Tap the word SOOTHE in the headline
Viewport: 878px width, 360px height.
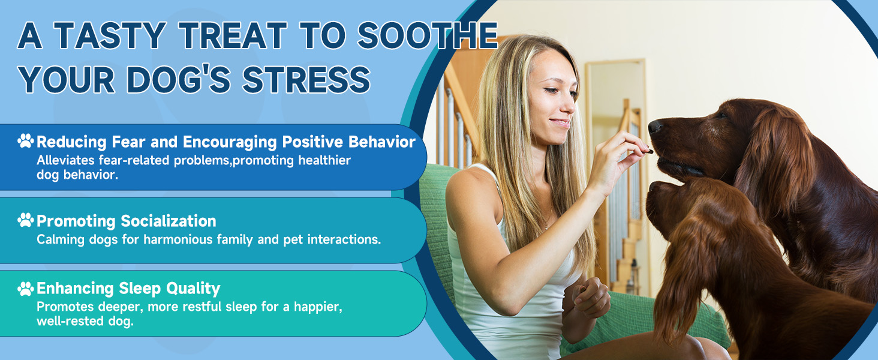(x=428, y=35)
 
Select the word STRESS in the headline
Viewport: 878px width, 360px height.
(x=306, y=80)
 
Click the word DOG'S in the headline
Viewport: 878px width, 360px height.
(x=179, y=80)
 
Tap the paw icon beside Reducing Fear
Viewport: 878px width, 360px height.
(x=26, y=141)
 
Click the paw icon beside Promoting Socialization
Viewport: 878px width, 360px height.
(x=26, y=220)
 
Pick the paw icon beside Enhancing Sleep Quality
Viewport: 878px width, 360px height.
(x=26, y=289)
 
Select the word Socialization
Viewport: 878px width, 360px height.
(x=169, y=221)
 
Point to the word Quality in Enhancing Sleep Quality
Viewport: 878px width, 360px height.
(x=193, y=289)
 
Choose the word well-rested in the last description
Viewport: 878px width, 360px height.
(x=67, y=321)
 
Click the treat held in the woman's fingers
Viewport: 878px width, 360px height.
(x=650, y=151)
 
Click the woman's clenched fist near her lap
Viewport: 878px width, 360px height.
(x=591, y=297)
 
